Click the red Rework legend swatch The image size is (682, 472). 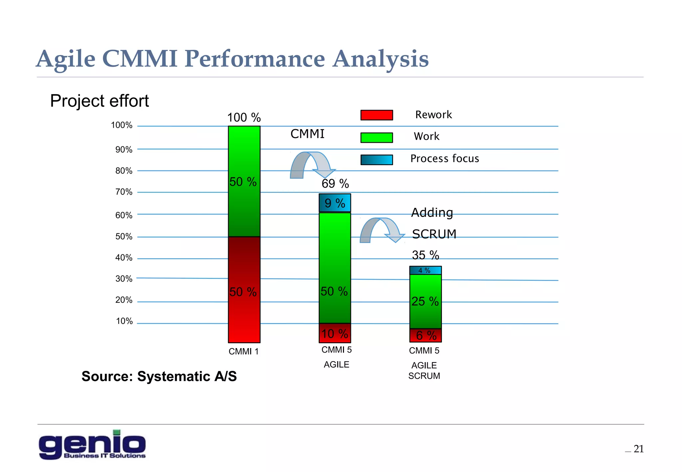377,115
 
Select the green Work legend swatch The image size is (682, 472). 377,137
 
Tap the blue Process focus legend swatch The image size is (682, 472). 377,160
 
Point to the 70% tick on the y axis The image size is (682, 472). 124,192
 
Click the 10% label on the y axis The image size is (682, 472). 124,321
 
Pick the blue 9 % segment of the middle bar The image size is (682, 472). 335,203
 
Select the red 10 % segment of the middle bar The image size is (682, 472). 335,333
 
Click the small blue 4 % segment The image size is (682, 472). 425,270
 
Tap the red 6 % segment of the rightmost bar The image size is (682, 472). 426,336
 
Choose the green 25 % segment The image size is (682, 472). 425,301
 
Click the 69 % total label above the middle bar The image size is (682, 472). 335,184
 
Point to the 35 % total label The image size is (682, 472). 425,255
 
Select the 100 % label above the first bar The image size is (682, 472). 244,118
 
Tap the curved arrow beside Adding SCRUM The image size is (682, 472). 382,230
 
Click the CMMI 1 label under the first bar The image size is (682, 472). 243,352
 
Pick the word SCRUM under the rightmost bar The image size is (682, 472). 424,376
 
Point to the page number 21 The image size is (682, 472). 638,449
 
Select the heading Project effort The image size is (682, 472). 99,101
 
